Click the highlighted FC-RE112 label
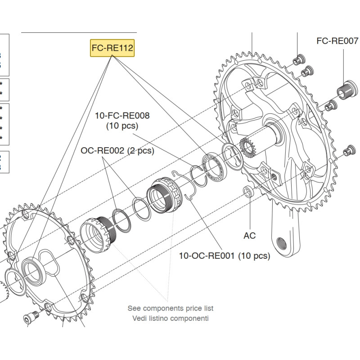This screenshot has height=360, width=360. click(112, 48)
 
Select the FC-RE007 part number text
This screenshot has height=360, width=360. click(337, 41)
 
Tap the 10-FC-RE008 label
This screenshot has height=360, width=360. click(122, 116)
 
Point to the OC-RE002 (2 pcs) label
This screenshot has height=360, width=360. click(117, 151)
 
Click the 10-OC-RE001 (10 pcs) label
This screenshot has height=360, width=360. click(225, 256)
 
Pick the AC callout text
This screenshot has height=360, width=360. click(249, 235)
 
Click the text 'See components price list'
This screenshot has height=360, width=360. click(171, 308)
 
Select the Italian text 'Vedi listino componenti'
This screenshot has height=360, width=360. click(171, 318)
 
